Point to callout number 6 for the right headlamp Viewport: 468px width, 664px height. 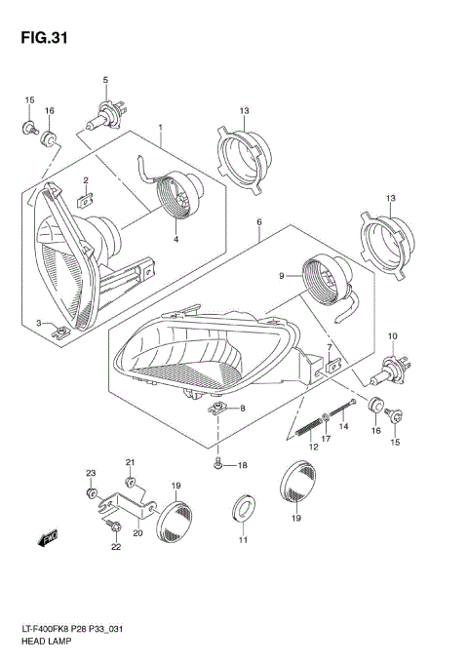click(258, 222)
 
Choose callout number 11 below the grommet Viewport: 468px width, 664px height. click(244, 541)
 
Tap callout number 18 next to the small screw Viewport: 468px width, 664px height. click(243, 466)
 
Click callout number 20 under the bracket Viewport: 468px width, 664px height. click(137, 533)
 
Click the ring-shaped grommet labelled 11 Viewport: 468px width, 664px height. click(243, 508)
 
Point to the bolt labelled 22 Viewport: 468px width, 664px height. click(113, 527)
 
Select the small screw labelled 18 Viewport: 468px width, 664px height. click(219, 465)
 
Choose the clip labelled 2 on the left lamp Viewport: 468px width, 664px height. click(84, 199)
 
